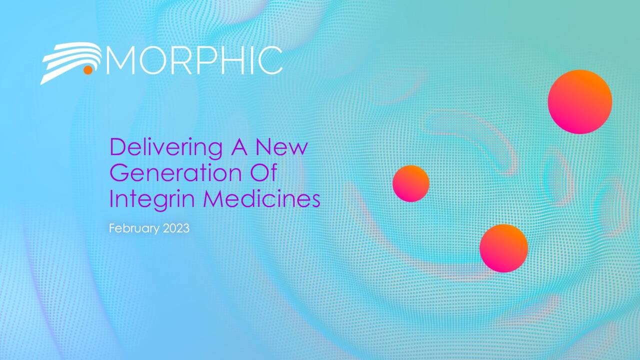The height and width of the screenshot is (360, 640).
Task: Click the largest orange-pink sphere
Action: coord(579,101)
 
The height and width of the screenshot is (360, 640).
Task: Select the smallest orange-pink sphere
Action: coord(411,183)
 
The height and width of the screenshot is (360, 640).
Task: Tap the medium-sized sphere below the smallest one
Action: coord(503,248)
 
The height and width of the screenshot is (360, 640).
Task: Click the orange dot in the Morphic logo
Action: coord(88,70)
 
